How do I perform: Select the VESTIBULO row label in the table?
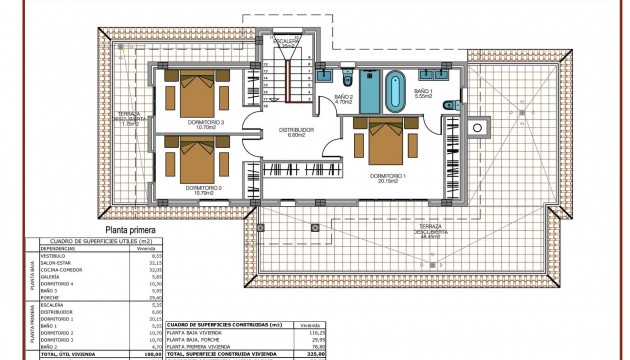(x=52, y=255)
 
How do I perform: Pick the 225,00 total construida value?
(x=304, y=354)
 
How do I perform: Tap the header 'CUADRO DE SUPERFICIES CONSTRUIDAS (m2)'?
(x=222, y=324)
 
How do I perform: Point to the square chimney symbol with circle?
(x=478, y=127)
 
